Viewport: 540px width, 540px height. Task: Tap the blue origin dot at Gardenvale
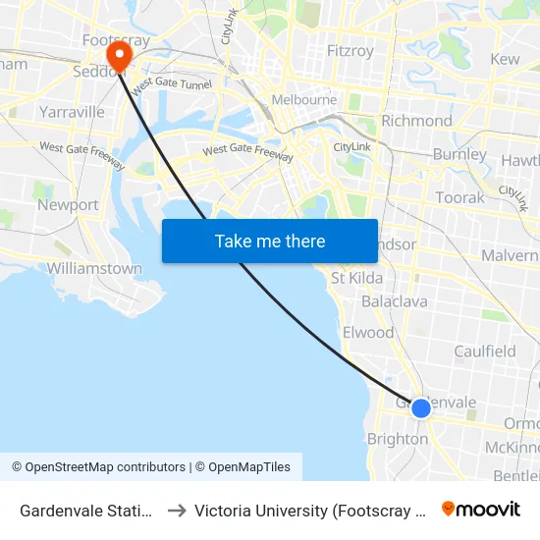421,407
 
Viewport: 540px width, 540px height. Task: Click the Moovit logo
480,509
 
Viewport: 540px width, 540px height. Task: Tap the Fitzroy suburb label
351,51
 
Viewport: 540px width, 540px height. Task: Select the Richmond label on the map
416,121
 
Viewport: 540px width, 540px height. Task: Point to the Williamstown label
94,268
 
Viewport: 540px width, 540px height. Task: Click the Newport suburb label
68,205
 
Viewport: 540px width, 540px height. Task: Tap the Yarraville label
71,112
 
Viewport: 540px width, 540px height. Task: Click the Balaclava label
395,301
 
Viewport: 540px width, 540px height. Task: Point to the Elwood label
368,333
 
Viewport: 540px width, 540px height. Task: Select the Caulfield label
484,351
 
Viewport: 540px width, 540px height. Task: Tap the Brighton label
397,439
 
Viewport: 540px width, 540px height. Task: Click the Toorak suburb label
459,197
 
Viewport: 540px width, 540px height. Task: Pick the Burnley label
459,154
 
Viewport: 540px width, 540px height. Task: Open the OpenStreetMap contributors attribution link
105,467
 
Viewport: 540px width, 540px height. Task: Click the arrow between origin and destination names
177,510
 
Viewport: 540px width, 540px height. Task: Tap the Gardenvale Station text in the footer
86,510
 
